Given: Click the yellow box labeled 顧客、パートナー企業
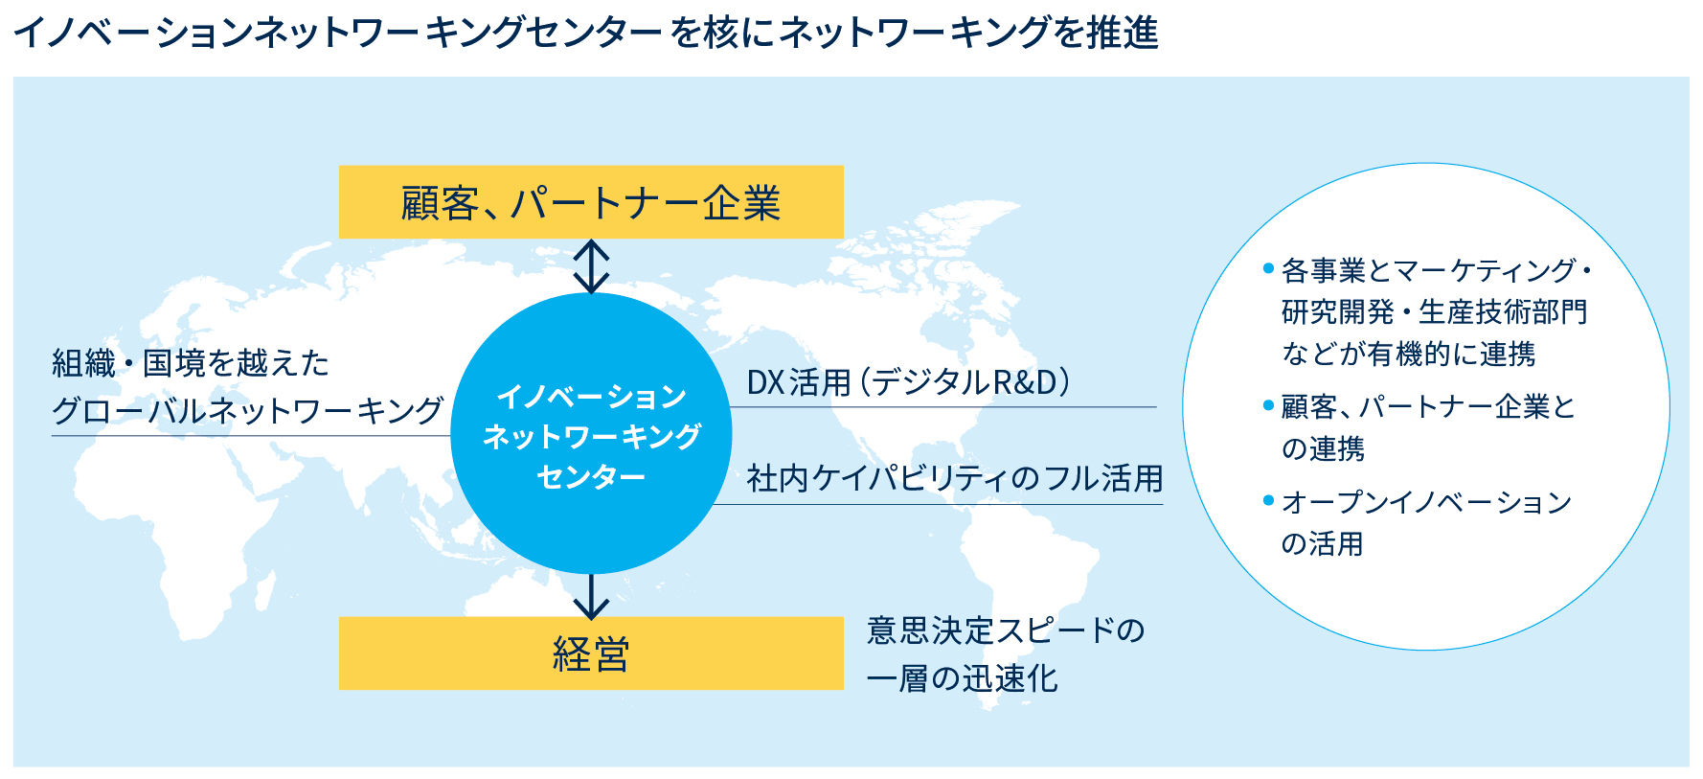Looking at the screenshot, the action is (591, 202).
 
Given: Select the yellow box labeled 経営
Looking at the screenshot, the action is (591, 653).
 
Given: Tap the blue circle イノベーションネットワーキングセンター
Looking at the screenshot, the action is (591, 433).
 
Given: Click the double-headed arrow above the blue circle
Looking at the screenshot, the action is (591, 266).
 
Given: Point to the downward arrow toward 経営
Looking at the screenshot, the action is (591, 596).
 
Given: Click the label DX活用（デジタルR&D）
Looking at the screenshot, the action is (908, 382).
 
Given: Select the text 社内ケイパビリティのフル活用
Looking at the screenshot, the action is (955, 478).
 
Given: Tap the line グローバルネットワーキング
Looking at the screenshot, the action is (247, 411).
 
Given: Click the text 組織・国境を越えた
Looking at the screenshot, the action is (191, 363).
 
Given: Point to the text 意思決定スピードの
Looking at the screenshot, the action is (1006, 630).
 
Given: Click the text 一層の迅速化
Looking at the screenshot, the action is (963, 678).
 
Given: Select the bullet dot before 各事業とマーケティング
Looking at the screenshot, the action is (1268, 269).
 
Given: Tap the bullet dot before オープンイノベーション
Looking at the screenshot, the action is (1268, 500).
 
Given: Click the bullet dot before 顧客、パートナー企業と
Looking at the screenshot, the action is (1268, 405).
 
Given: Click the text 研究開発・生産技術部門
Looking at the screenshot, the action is (1434, 312).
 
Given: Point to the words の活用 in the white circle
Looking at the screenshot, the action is (1322, 544).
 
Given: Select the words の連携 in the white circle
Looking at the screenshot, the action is (1323, 448).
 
